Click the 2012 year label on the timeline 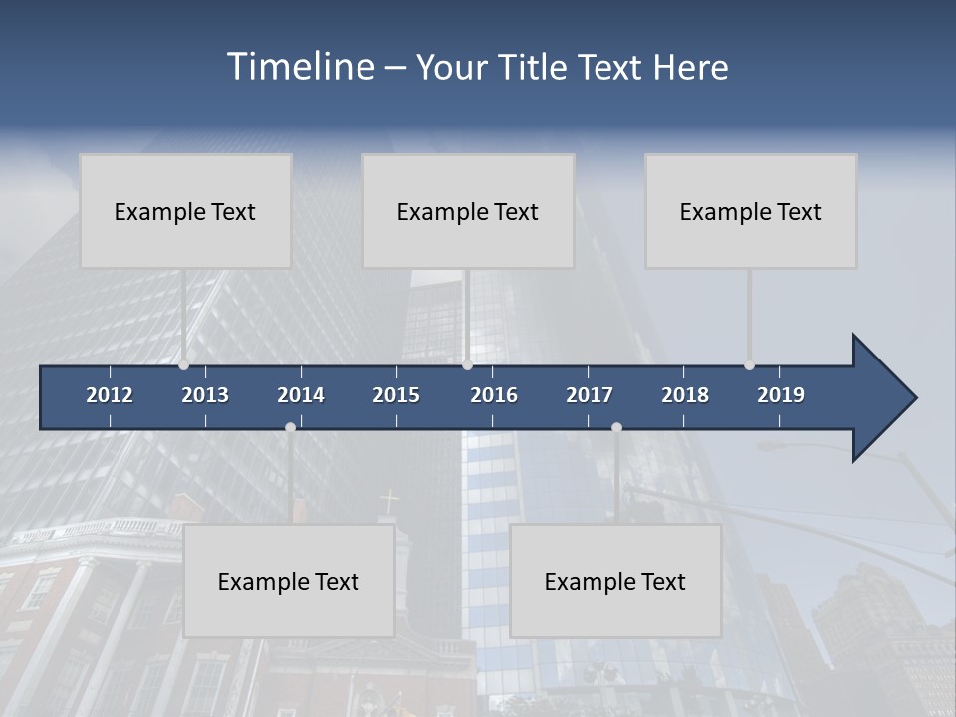[110, 395]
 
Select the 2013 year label [205, 395]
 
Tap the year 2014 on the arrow [301, 395]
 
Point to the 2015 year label [396, 395]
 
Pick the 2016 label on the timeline [494, 395]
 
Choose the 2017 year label [590, 395]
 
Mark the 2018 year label [685, 395]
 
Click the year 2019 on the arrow [781, 395]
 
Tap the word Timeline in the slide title [300, 67]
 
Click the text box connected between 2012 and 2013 [185, 211]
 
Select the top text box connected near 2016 [468, 211]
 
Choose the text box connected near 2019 [751, 211]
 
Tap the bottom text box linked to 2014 [289, 581]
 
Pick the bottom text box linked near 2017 [615, 581]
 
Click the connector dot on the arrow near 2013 [183, 364]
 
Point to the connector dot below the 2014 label [290, 427]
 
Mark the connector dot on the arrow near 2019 [749, 364]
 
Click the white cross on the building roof [390, 500]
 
